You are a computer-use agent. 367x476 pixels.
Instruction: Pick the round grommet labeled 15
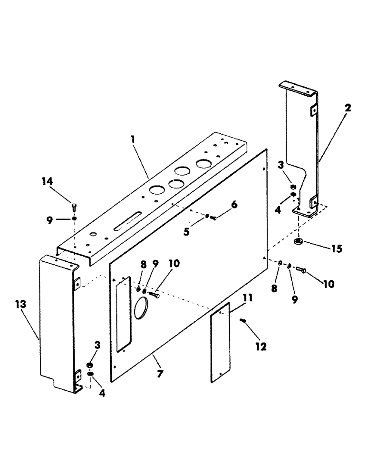(x=299, y=242)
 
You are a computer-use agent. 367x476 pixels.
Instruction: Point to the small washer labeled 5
(x=207, y=217)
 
